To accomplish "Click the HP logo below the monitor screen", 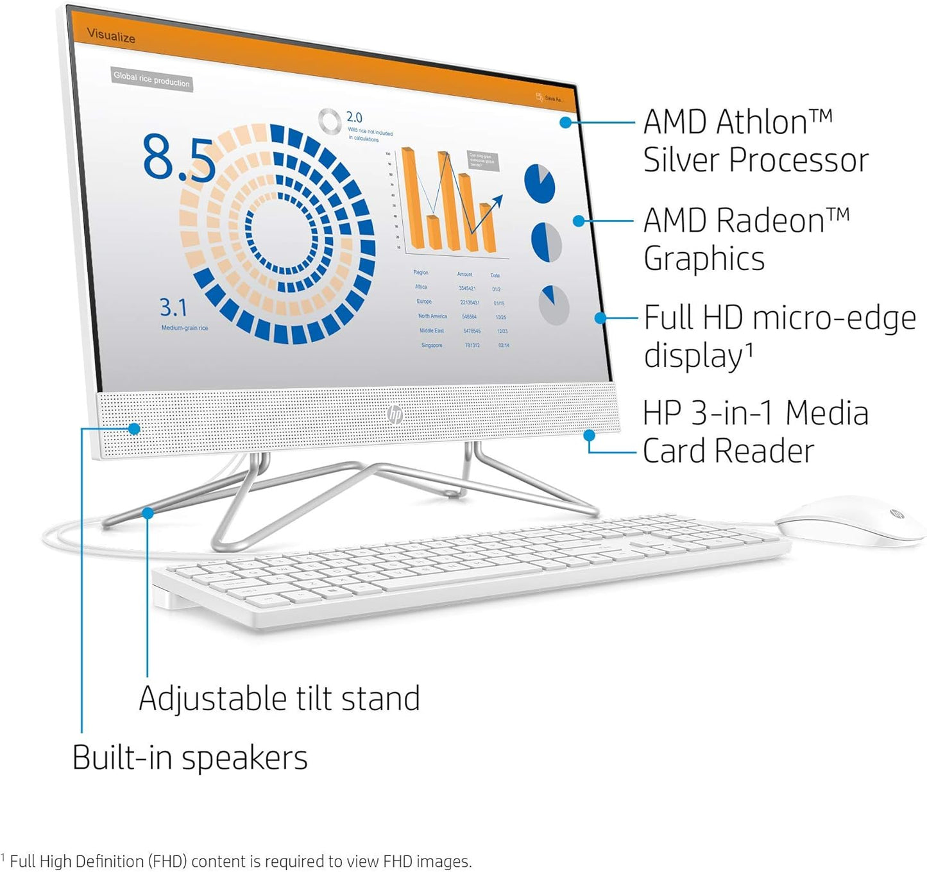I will coord(395,415).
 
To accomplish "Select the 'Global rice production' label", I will coord(151,79).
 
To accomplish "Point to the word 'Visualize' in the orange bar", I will coord(111,35).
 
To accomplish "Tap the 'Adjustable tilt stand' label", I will coord(279,698).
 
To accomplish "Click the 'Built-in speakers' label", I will coord(190,757).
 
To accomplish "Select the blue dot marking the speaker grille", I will coord(134,428).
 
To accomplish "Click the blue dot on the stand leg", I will coord(148,513).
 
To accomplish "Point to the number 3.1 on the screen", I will coord(173,307).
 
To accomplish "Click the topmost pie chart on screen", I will coord(540,184).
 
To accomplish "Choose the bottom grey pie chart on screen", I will coord(554,305).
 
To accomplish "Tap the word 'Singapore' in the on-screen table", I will coord(432,345).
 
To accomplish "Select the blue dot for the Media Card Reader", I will coord(589,435).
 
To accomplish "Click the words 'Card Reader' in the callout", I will coord(728,450).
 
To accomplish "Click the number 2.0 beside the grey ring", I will coord(354,117).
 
